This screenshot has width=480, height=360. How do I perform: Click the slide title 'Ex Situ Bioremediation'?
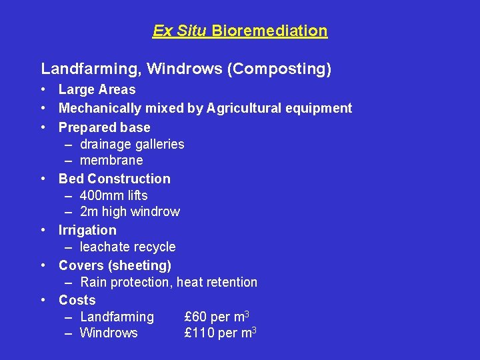pyautogui.click(x=240, y=31)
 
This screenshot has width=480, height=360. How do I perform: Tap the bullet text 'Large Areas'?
pyautogui.click(x=97, y=89)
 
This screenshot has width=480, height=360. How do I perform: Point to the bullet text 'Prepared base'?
pyautogui.click(x=104, y=127)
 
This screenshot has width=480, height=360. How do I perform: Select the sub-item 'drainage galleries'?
pyautogui.click(x=132, y=144)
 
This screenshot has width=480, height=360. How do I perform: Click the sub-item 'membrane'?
pyautogui.click(x=111, y=160)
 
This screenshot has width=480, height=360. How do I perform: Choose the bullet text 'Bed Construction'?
pyautogui.click(x=114, y=178)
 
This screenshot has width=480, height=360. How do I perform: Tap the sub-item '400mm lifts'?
pyautogui.click(x=113, y=195)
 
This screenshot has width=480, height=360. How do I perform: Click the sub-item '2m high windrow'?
pyautogui.click(x=129, y=212)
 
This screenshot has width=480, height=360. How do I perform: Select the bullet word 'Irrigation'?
pyautogui.click(x=87, y=230)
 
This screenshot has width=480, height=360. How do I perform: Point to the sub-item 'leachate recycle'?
pyautogui.click(x=127, y=247)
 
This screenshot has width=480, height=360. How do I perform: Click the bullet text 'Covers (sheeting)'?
pyautogui.click(x=115, y=265)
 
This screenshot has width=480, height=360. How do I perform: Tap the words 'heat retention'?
pyautogui.click(x=217, y=282)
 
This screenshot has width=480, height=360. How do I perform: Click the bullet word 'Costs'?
pyautogui.click(x=77, y=300)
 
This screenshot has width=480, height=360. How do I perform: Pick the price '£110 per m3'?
pyautogui.click(x=220, y=333)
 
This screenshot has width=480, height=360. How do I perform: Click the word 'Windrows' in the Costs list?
pyautogui.click(x=109, y=333)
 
